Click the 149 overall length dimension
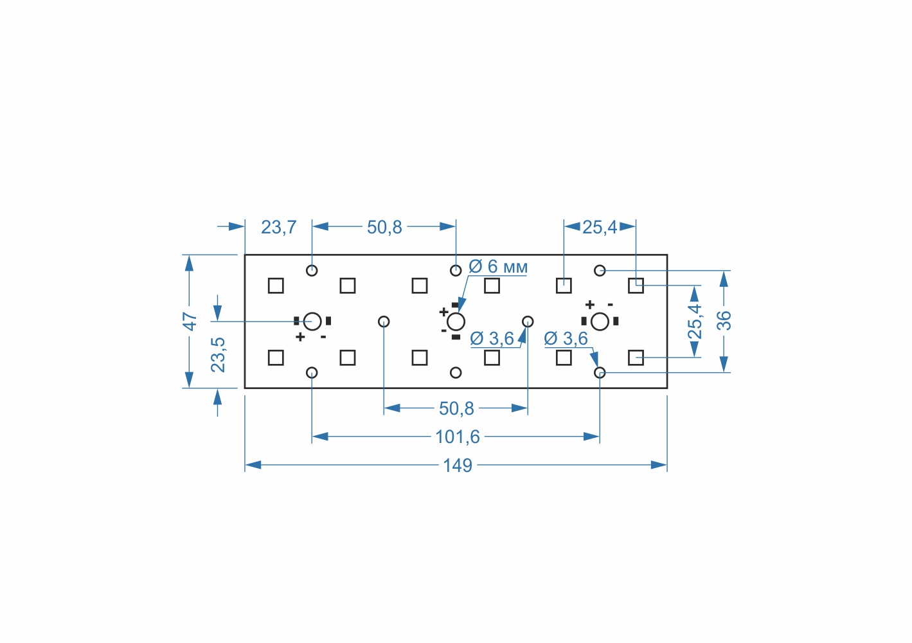tap(457, 466)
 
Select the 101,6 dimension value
tap(458, 437)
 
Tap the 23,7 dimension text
tap(279, 227)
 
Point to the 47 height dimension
tap(190, 321)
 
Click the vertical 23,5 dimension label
tap(219, 355)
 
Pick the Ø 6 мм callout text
tap(498, 267)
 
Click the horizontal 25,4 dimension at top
tap(600, 227)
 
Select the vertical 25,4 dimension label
tap(695, 321)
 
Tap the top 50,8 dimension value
tap(384, 227)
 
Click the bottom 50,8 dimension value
tap(456, 408)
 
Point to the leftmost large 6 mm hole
tap(312, 321)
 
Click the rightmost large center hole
tap(600, 321)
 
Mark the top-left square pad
tap(276, 285)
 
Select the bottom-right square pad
tap(636, 358)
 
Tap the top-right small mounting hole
tap(600, 271)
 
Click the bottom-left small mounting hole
tap(312, 372)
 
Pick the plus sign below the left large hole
tap(300, 337)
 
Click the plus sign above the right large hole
tap(589, 305)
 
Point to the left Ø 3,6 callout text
tap(492, 338)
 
